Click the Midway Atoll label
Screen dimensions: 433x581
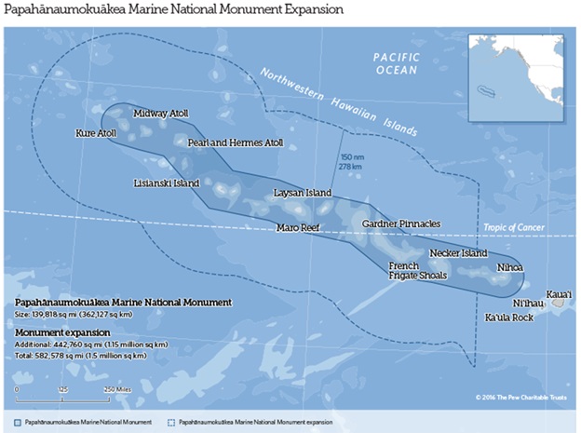pyautogui.click(x=160, y=114)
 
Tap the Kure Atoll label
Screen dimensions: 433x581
pyautogui.click(x=96, y=134)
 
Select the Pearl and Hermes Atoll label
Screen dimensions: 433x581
pyautogui.click(x=235, y=144)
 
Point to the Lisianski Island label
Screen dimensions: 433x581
pyautogui.click(x=166, y=183)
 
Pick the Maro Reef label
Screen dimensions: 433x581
pyautogui.click(x=298, y=227)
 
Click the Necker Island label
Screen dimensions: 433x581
pyautogui.click(x=458, y=253)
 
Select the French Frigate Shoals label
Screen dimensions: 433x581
pyautogui.click(x=418, y=270)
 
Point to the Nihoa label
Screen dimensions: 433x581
pyautogui.click(x=510, y=267)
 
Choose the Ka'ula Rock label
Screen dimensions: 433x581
pyautogui.click(x=508, y=318)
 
